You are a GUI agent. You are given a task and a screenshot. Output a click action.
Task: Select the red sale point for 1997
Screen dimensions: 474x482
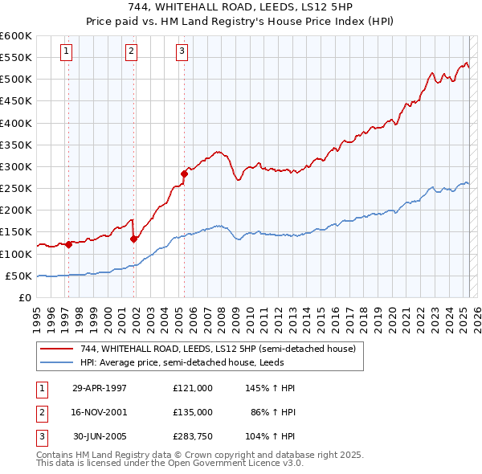click(69, 245)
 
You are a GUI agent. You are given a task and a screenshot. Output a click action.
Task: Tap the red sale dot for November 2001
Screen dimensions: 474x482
click(133, 239)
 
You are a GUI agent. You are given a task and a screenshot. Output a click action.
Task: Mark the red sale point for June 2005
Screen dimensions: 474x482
click(185, 174)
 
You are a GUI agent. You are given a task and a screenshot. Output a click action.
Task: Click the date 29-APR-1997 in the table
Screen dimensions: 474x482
click(100, 388)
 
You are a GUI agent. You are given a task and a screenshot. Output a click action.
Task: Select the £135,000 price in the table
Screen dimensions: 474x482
click(193, 412)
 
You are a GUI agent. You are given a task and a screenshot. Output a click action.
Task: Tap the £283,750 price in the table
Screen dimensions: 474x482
click(193, 436)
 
